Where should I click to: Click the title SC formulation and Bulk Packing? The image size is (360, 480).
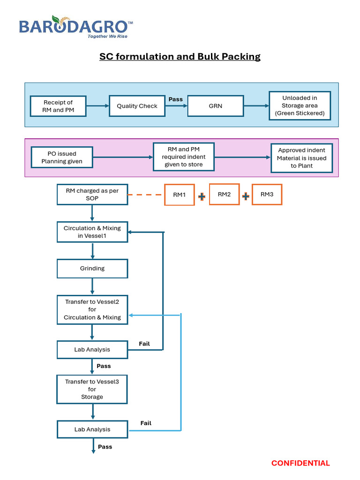pos(180,57)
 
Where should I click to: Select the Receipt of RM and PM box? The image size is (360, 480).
pos(58,106)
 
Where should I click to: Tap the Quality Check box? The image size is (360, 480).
pos(137,106)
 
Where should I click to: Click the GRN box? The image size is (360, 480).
pos(216,106)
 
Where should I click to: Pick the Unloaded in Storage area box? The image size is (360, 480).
pos(300,105)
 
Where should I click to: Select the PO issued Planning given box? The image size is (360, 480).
pos(62,157)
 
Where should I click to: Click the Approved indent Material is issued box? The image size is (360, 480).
pos(302,158)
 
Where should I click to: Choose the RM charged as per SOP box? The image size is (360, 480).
pos(92,195)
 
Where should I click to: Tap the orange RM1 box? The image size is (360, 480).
pos(179,195)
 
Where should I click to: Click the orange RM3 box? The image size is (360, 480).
pos(267,195)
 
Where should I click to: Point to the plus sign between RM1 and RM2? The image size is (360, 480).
pos(202,197)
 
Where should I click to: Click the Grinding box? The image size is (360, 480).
pos(92,269)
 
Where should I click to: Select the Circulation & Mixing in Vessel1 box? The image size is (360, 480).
pos(92,232)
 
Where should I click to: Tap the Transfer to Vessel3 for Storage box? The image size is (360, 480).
pos(92,389)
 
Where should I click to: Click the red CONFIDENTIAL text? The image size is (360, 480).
pos(300,463)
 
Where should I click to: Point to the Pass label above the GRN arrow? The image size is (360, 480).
pos(176,99)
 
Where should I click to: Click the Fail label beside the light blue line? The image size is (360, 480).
pos(146,423)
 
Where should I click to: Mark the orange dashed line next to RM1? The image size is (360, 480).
pos(146,195)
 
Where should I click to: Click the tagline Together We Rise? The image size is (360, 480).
pos(107,36)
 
